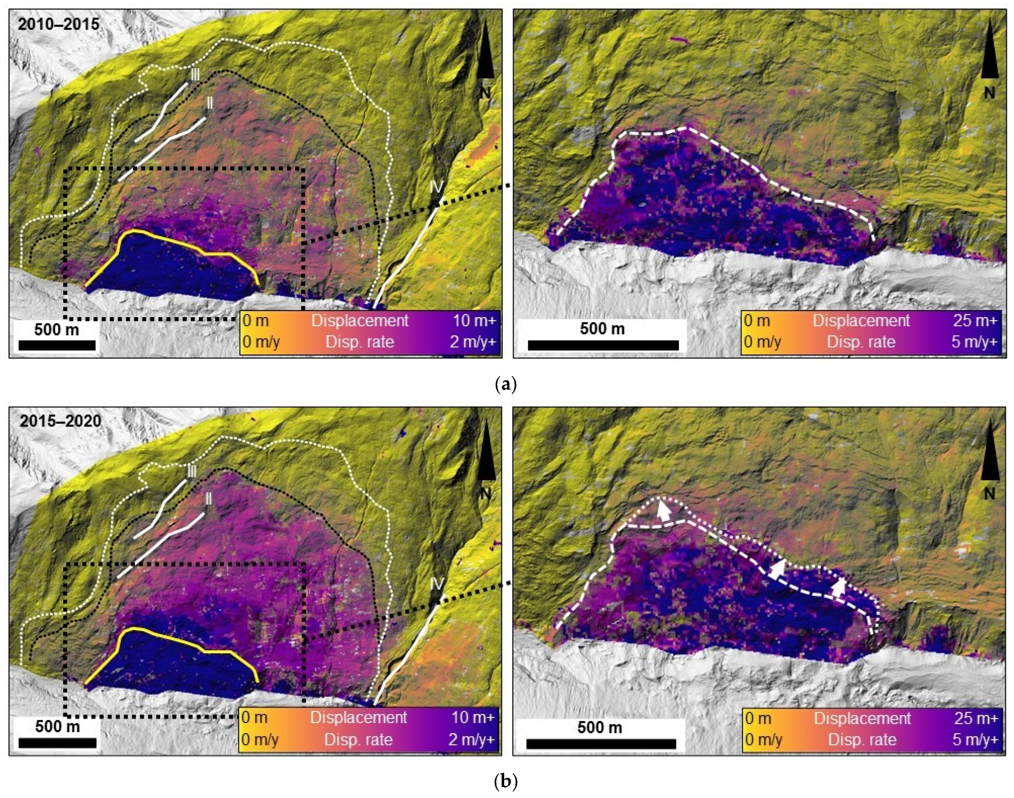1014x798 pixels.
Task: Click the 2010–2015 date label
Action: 58,24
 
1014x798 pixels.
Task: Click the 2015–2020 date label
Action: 60,421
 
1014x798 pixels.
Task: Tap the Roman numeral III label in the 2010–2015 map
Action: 195,75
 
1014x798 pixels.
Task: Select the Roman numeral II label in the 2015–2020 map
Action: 209,499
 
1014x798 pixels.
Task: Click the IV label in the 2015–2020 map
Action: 436,583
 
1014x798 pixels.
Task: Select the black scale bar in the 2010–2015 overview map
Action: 57,346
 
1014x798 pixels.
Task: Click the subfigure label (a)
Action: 506,385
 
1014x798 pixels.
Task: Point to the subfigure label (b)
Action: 506,782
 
